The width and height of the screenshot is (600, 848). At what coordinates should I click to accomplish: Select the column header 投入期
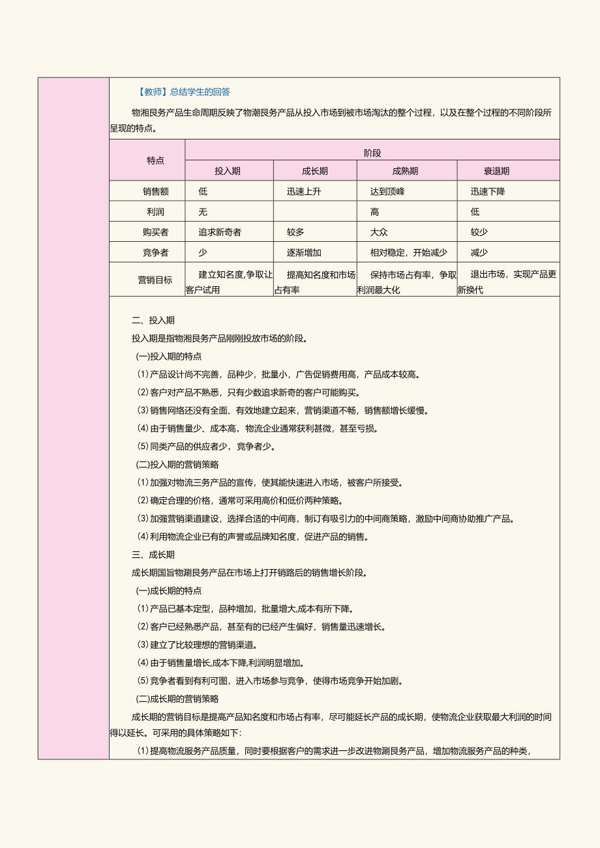click(x=228, y=171)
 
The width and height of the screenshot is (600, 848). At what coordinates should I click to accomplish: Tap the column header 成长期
click(x=315, y=171)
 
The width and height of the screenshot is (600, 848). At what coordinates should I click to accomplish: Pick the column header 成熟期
click(x=405, y=171)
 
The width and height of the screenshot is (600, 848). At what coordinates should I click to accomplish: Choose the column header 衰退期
click(x=496, y=171)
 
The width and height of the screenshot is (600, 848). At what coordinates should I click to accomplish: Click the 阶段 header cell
click(x=372, y=153)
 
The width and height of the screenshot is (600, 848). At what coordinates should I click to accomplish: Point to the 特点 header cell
click(x=155, y=160)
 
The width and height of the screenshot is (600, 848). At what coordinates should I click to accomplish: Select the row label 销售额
click(x=155, y=192)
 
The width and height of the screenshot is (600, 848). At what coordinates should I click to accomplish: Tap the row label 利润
click(x=155, y=212)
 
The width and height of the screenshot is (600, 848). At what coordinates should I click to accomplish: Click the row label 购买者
click(x=155, y=232)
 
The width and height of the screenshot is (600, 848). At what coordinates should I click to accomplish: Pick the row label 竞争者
click(x=155, y=252)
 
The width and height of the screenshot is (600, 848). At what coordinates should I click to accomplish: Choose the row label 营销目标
click(x=155, y=280)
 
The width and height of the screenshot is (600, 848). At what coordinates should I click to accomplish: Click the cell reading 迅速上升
click(x=304, y=192)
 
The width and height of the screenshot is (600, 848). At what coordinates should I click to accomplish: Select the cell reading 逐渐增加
click(x=304, y=252)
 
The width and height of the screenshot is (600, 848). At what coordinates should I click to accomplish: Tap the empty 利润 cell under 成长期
click(x=315, y=212)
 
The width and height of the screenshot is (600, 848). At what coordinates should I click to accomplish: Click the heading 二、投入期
click(x=153, y=320)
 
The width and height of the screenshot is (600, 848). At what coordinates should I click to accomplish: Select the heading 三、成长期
click(x=153, y=555)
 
